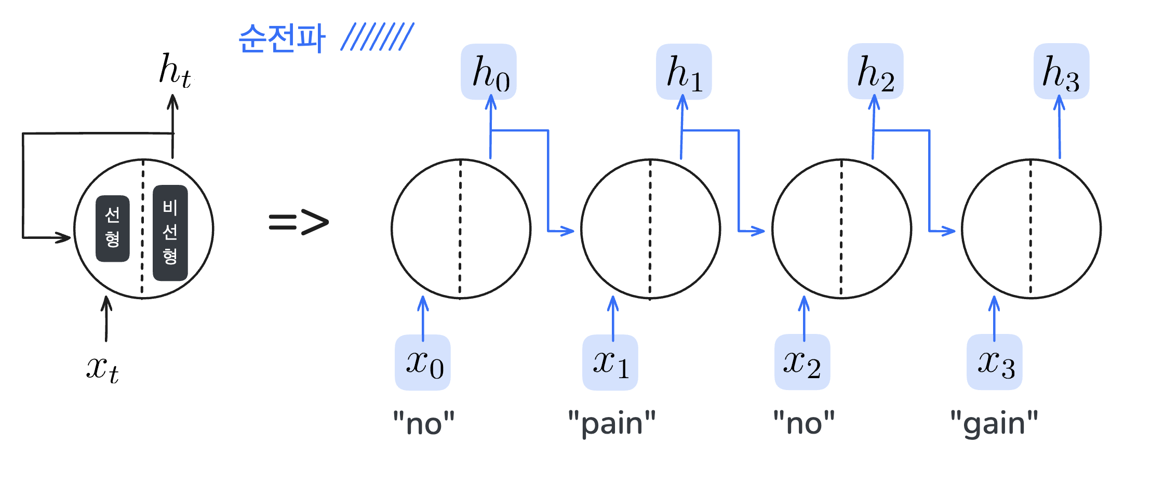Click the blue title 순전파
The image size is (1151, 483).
pos(282,38)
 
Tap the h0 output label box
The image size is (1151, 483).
pos(489,72)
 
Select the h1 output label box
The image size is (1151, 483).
pos(684,72)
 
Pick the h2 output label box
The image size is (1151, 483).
pos(875,72)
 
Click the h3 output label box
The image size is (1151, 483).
pos(1061,72)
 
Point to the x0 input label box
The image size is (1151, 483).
pos(423,363)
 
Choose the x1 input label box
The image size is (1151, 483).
pos(610,363)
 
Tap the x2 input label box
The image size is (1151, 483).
pos(802,363)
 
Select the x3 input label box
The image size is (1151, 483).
pos(994,363)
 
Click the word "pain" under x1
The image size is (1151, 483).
pos(612,424)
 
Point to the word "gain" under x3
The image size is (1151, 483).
pos(994,424)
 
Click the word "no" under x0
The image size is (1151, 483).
pos(424,424)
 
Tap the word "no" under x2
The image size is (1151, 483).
pos(804,424)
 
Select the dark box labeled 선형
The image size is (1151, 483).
pos(113,229)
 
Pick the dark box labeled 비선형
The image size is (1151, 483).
pos(170,233)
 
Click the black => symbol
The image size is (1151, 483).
pos(299,222)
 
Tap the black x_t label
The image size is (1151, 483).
pos(102,369)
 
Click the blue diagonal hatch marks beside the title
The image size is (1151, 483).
pos(377,36)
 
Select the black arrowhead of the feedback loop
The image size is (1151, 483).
pos(64,238)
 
